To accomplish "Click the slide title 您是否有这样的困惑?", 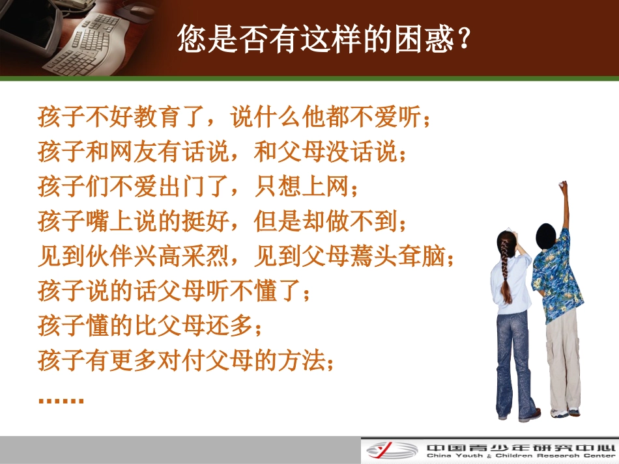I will (x=323, y=40).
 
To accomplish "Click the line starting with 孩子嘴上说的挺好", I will (x=222, y=223).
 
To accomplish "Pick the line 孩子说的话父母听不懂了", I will (x=175, y=292).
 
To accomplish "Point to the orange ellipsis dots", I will (x=61, y=399).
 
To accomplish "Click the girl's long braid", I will (x=505, y=270).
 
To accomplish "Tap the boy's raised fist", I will (x=562, y=186).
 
